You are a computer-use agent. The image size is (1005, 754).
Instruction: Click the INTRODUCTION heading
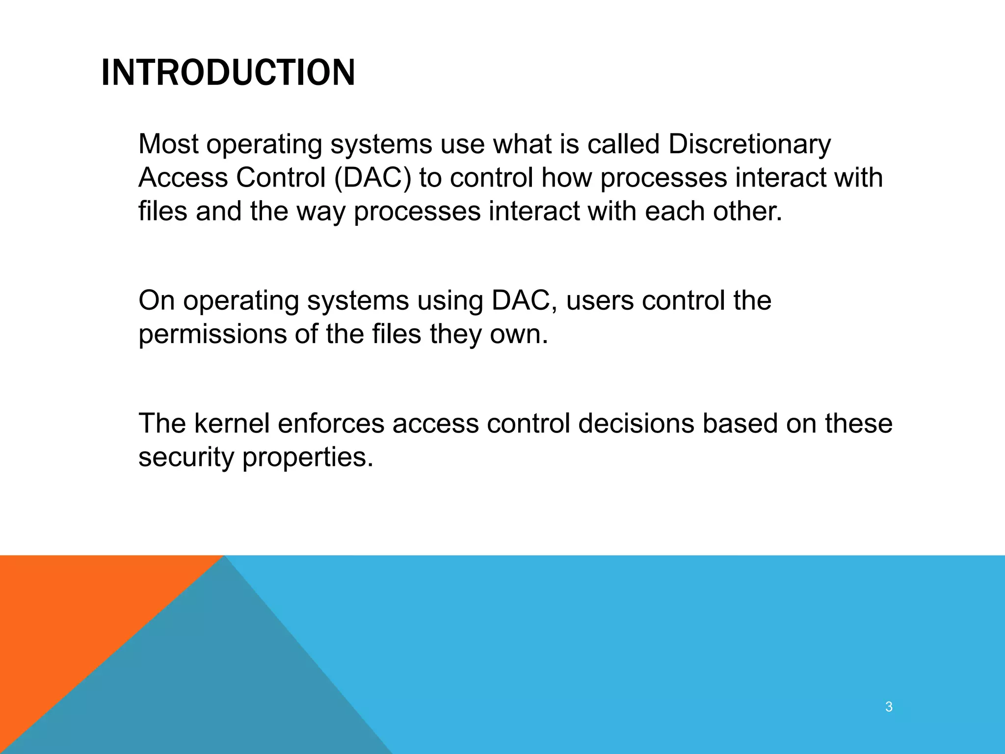coord(228,73)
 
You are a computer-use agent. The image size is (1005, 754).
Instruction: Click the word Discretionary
coord(749,144)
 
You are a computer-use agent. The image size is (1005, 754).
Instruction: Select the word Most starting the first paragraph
coord(168,144)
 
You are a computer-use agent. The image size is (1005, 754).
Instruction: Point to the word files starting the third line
coord(162,211)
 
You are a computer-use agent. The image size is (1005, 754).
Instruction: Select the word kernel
coord(232,423)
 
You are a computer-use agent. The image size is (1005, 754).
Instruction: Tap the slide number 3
coord(889,707)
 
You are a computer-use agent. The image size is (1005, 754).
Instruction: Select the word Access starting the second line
coord(183,178)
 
